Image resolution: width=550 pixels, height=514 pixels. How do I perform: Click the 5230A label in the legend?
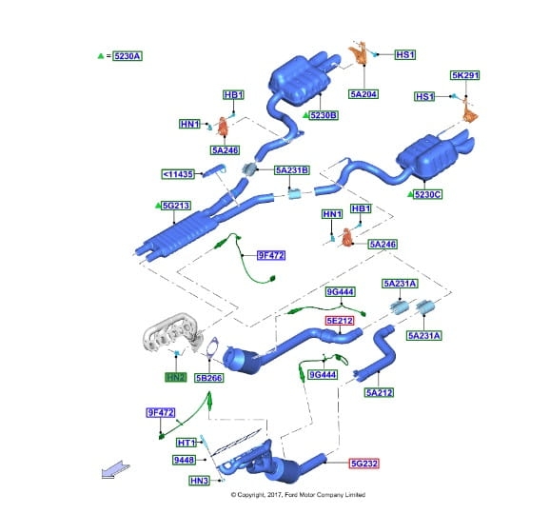(128, 56)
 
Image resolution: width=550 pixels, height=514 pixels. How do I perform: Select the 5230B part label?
(324, 115)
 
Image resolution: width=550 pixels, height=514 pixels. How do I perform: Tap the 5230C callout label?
(427, 194)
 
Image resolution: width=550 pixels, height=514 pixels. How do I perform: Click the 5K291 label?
(464, 75)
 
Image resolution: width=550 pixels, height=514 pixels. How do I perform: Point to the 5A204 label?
(363, 94)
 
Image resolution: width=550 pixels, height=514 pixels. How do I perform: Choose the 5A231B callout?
(292, 170)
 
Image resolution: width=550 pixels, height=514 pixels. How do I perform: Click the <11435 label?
(178, 174)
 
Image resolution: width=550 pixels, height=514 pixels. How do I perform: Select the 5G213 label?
(176, 206)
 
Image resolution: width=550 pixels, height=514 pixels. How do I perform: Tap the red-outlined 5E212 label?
(340, 321)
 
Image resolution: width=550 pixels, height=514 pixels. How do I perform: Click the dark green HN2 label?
(176, 377)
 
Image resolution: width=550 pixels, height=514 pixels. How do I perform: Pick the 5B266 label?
(209, 378)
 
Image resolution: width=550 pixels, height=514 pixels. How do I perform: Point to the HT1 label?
(187, 443)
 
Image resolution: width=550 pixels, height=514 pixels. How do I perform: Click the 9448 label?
(184, 460)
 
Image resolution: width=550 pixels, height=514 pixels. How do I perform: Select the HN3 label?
(199, 481)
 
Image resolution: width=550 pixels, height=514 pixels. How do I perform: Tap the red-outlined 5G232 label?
(364, 464)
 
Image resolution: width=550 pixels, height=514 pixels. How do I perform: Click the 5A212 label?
(379, 392)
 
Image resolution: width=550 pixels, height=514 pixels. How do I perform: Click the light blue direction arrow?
(115, 469)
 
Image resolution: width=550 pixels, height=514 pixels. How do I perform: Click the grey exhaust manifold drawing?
(173, 333)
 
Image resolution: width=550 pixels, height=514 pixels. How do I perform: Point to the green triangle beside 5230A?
(101, 56)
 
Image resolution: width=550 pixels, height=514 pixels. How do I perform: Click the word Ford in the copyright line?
(291, 495)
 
